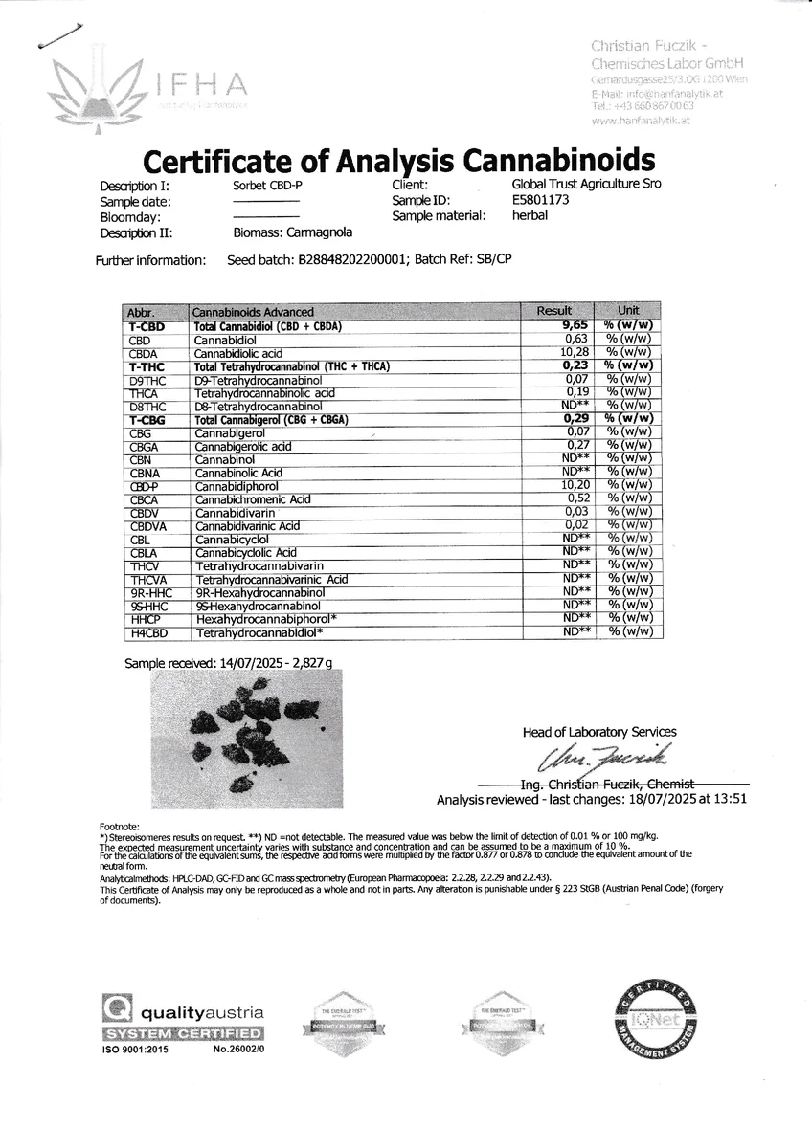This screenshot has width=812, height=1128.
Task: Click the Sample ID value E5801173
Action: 541,201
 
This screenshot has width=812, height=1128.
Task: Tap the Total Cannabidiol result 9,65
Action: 572,326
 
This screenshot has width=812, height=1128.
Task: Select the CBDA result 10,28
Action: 570,353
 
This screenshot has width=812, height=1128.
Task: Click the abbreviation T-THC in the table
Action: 147,366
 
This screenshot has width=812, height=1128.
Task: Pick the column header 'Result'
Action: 554,311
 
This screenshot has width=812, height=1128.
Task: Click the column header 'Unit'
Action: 628,311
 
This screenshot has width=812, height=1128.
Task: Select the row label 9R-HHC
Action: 148,593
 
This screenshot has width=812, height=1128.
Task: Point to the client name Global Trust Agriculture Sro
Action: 586,185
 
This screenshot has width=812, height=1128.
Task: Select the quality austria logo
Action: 183,1023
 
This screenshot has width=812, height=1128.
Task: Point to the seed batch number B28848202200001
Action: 354,259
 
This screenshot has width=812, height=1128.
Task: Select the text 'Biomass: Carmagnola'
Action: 293,232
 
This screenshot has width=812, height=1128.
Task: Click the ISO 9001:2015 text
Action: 134,1051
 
